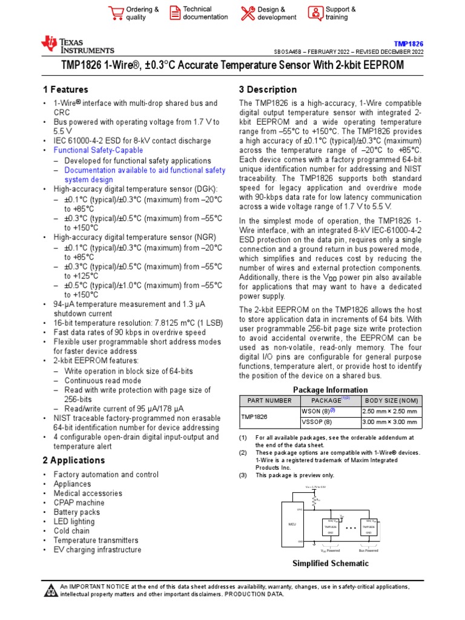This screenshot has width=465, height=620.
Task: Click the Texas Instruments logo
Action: tap(77, 45)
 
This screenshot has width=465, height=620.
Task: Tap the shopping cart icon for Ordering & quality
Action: tap(115, 13)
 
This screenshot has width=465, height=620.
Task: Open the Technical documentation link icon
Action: tap(174, 13)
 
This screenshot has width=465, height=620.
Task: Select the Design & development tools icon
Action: tap(247, 13)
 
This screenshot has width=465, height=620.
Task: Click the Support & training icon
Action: tap(315, 13)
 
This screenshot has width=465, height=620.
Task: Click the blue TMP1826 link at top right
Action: tap(409, 44)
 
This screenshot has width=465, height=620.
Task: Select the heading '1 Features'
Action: tap(65, 90)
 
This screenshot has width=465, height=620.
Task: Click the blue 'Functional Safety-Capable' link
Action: tap(98, 150)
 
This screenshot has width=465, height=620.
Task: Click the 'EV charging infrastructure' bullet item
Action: tap(97, 550)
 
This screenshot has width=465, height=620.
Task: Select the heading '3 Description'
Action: tap(268, 90)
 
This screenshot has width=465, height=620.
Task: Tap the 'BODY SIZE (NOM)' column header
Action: tap(391, 401)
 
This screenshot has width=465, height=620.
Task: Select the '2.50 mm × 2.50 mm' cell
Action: tap(390, 412)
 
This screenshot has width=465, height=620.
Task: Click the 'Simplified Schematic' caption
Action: tap(330, 564)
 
